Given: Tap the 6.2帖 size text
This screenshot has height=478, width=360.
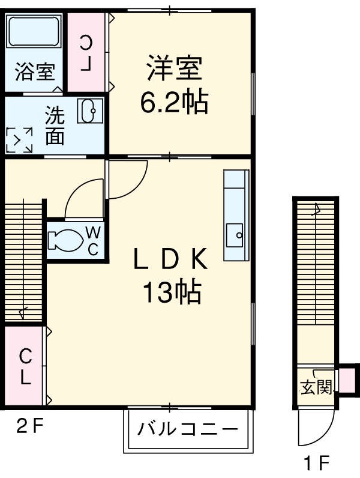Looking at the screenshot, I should (174, 103).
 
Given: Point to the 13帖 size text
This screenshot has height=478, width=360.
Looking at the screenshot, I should (171, 292).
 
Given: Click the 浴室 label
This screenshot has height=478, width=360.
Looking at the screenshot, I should (34, 72).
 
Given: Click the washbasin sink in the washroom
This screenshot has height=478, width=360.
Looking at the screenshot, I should (91, 110).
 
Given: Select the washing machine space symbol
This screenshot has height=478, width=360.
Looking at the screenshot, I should (19, 140).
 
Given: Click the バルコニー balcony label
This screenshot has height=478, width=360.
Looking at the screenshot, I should (187, 430).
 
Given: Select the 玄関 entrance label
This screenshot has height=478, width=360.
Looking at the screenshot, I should (316, 387).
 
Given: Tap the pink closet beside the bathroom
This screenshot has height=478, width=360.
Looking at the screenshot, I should (87, 52).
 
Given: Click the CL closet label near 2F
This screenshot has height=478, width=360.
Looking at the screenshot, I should (25, 367).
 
